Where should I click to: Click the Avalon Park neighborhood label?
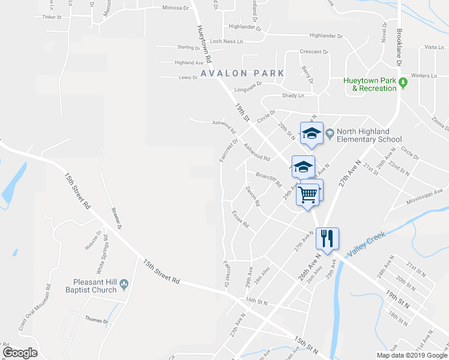[243, 73]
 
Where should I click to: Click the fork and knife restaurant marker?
[327, 238]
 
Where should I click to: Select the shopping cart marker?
[307, 193]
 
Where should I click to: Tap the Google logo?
[20, 353]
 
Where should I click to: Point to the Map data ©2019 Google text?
[411, 355]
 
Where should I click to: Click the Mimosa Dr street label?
[176, 8]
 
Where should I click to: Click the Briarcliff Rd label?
[268, 179]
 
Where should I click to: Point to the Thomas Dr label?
[96, 321]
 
